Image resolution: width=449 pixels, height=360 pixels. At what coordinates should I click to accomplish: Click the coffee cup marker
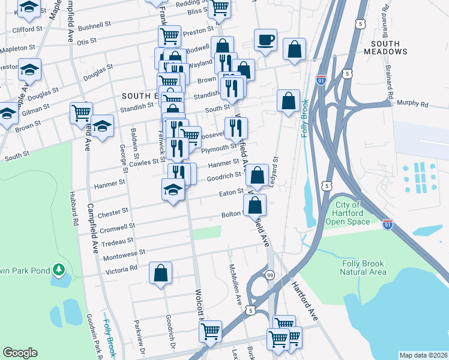[x=265, y=41]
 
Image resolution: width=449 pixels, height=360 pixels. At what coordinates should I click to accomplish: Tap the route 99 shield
[x=270, y=274]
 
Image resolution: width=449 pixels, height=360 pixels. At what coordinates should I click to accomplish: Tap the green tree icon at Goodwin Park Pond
[x=58, y=271]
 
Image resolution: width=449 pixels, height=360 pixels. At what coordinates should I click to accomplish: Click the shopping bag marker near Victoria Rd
[x=161, y=274]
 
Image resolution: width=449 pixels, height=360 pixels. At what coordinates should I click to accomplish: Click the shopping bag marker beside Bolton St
[x=255, y=205]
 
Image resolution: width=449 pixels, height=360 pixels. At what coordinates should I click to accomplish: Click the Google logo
[x=20, y=352]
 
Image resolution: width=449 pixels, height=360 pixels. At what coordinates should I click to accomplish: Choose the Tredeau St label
[x=117, y=241]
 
